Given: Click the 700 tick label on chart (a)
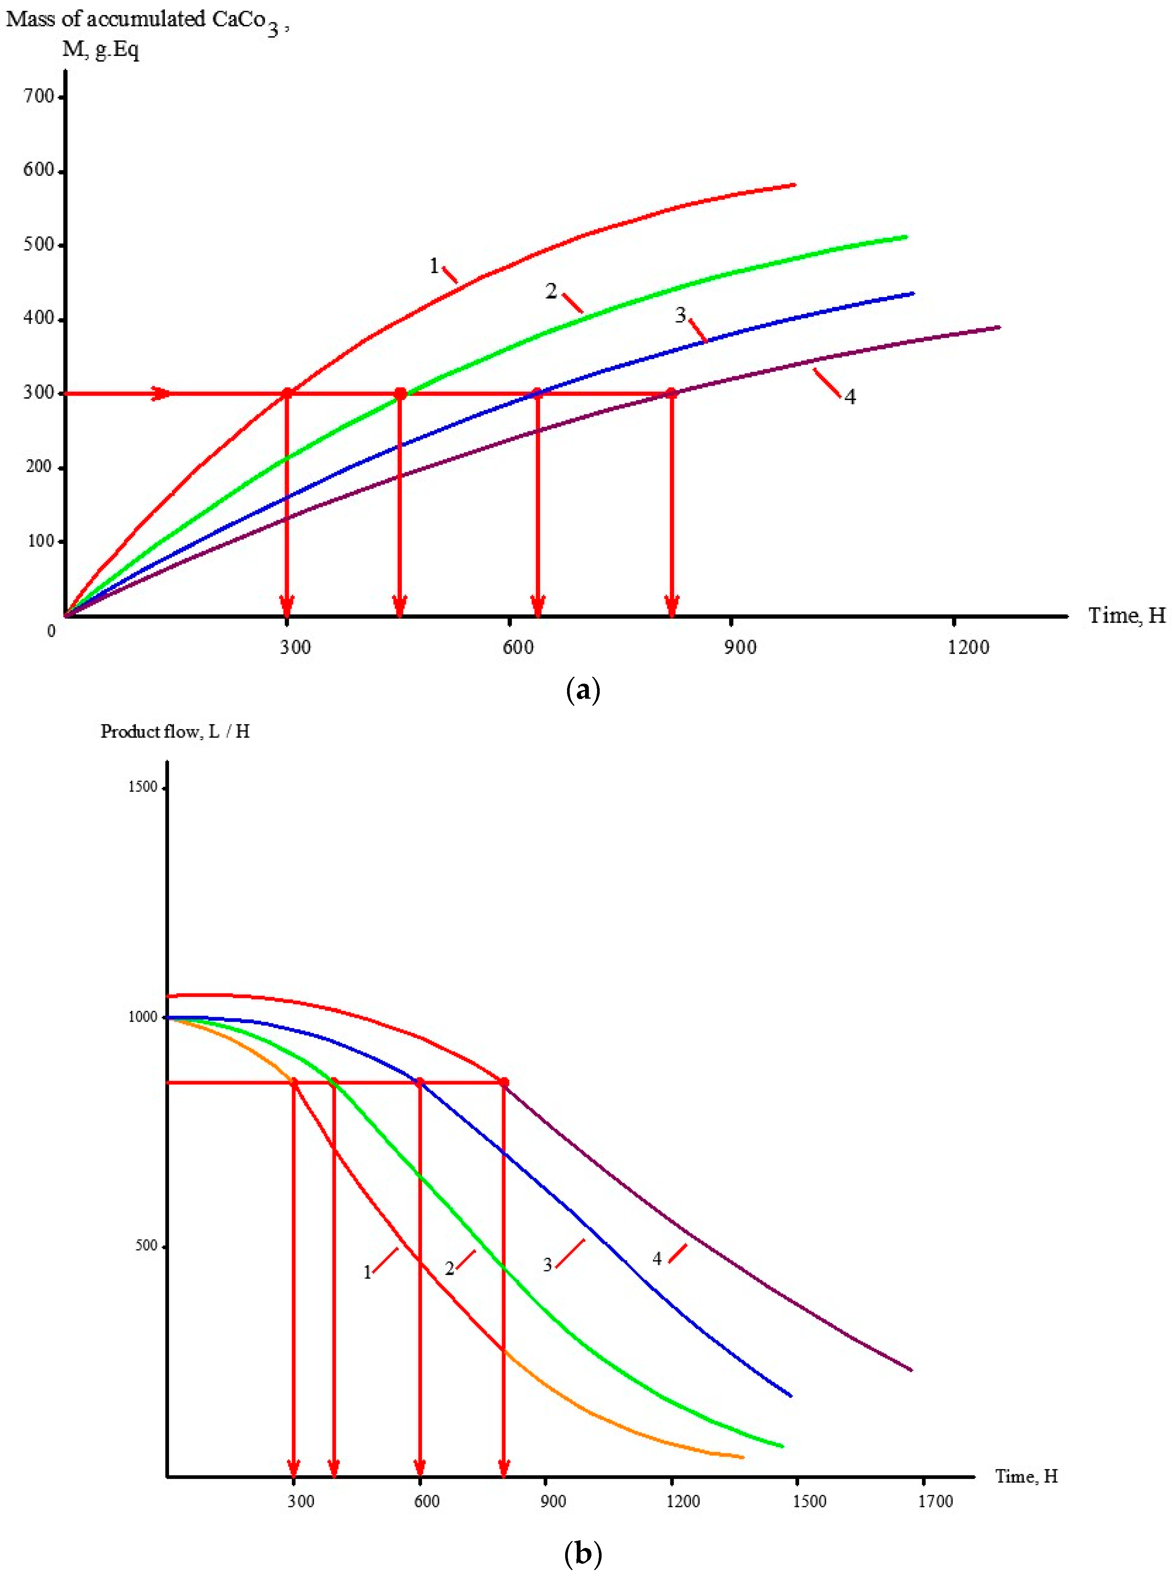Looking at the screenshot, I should [x=39, y=97].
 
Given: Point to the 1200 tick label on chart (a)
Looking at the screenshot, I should [x=968, y=647].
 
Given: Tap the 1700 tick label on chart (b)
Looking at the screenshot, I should [x=935, y=1501].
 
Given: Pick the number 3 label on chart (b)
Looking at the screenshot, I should [x=547, y=1264].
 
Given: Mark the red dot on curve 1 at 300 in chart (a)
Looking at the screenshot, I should [x=287, y=393].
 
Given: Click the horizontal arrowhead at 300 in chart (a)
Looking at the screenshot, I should [x=162, y=393].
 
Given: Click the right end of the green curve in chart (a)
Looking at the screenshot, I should [x=906, y=236].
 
